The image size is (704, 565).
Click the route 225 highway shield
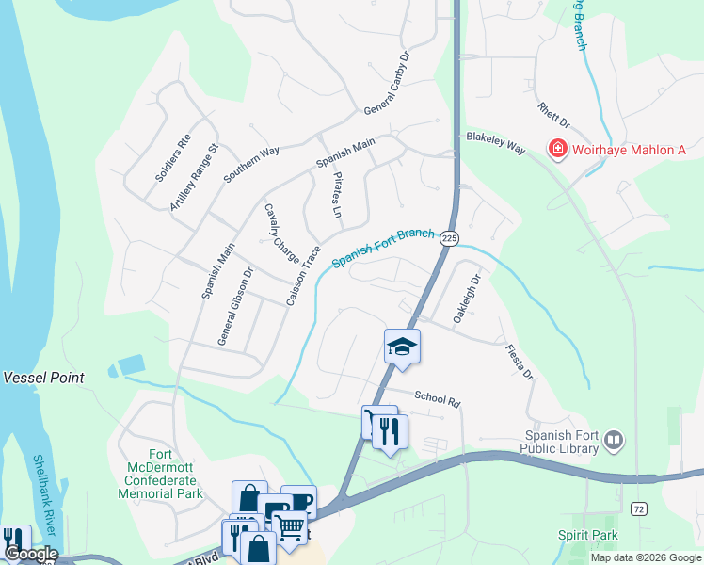449,239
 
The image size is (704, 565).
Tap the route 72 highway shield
639,509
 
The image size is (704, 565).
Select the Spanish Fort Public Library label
561,442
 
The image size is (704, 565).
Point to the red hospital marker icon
558,150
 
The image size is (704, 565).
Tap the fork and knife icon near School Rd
390,432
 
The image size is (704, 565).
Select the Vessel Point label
43,378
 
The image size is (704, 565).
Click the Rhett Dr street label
554,116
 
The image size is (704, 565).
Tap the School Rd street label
437,399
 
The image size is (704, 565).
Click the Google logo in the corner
30,554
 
